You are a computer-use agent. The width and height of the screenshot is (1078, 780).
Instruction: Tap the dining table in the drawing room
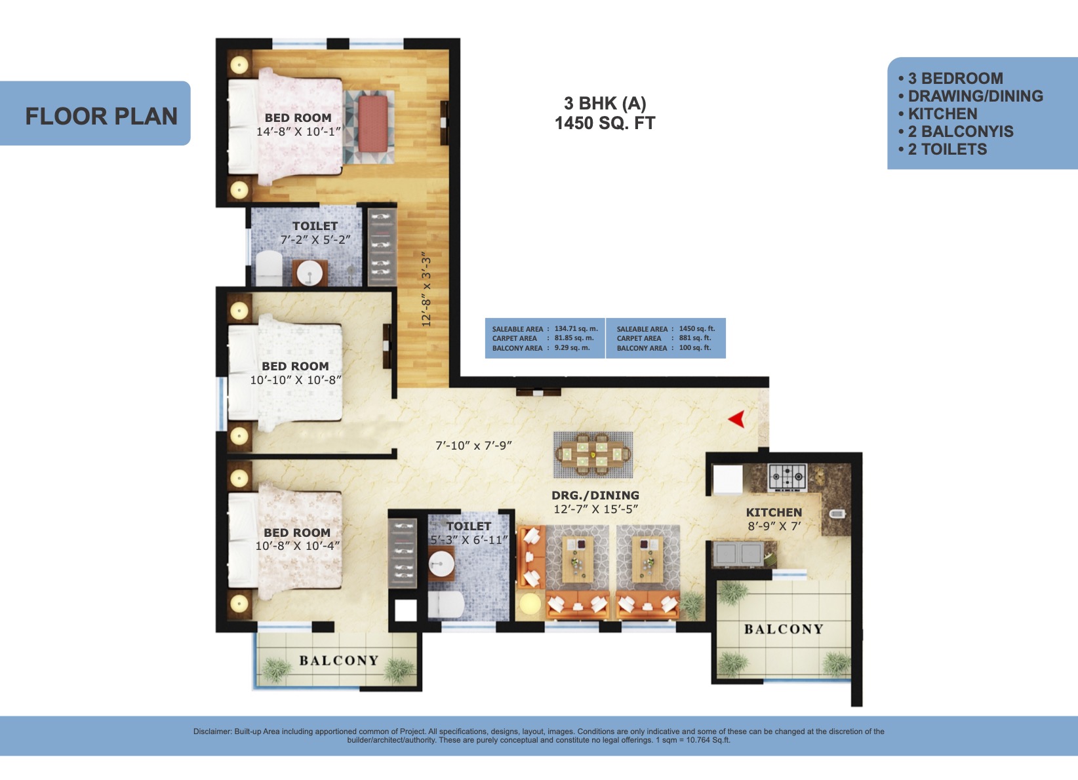click(x=593, y=454)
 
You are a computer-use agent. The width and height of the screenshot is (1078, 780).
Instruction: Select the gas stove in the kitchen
click(x=787, y=477)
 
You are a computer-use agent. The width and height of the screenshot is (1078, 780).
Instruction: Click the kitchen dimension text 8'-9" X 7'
click(x=774, y=526)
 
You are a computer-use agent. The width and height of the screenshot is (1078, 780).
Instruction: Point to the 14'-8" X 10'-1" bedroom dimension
click(x=298, y=132)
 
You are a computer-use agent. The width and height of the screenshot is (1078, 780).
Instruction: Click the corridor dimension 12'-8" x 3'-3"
click(x=426, y=290)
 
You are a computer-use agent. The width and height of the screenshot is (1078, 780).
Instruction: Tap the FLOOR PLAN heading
click(x=101, y=116)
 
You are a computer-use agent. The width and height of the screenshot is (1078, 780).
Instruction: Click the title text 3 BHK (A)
click(x=605, y=104)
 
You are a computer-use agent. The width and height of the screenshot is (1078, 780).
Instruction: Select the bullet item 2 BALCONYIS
click(x=960, y=132)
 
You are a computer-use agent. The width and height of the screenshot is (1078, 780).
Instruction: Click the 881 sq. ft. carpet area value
click(x=694, y=338)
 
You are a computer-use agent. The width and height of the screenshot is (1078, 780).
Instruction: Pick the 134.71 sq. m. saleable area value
click(x=576, y=329)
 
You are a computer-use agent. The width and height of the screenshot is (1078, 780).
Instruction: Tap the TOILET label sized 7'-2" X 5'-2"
click(x=315, y=226)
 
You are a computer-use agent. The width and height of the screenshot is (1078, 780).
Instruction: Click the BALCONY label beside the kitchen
click(x=784, y=629)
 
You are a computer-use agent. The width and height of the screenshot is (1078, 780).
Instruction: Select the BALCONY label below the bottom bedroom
click(x=339, y=661)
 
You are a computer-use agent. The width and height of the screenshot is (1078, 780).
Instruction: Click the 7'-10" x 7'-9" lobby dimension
click(x=473, y=446)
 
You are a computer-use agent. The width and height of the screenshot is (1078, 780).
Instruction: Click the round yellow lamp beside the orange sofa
click(x=529, y=604)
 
